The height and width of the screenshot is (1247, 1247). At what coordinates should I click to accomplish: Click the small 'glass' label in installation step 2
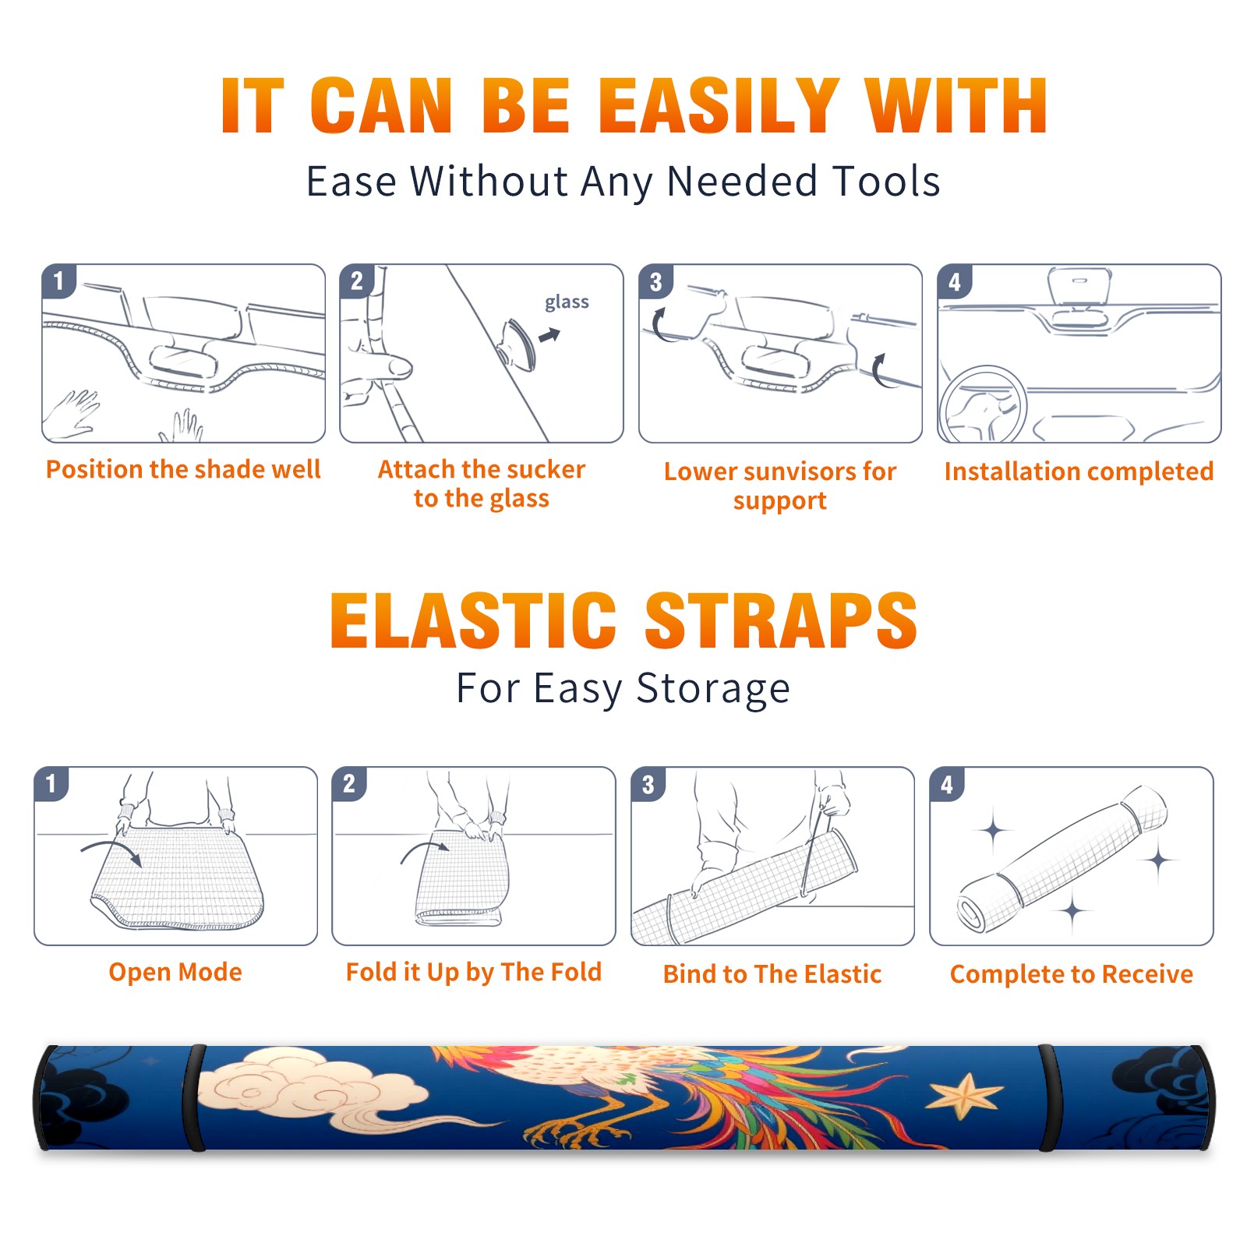(567, 302)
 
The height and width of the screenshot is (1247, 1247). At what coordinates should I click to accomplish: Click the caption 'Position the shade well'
(183, 469)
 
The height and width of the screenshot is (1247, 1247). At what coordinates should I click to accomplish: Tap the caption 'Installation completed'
(1079, 471)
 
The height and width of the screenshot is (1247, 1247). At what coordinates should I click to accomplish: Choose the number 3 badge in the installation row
(655, 281)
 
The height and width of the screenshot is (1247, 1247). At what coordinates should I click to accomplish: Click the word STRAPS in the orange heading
(781, 620)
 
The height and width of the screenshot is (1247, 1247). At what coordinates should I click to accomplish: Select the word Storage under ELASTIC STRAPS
(713, 689)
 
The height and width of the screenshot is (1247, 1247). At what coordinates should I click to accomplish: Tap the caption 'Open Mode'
(175, 972)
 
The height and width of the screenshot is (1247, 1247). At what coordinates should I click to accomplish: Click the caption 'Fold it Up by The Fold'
(474, 972)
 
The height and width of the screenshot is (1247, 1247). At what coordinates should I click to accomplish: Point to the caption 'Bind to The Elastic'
(772, 974)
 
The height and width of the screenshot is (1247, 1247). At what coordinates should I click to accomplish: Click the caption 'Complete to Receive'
(1072, 974)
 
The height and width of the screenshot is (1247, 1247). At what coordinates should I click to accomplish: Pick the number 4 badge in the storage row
(947, 784)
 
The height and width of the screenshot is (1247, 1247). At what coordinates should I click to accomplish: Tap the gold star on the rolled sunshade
(966, 1096)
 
